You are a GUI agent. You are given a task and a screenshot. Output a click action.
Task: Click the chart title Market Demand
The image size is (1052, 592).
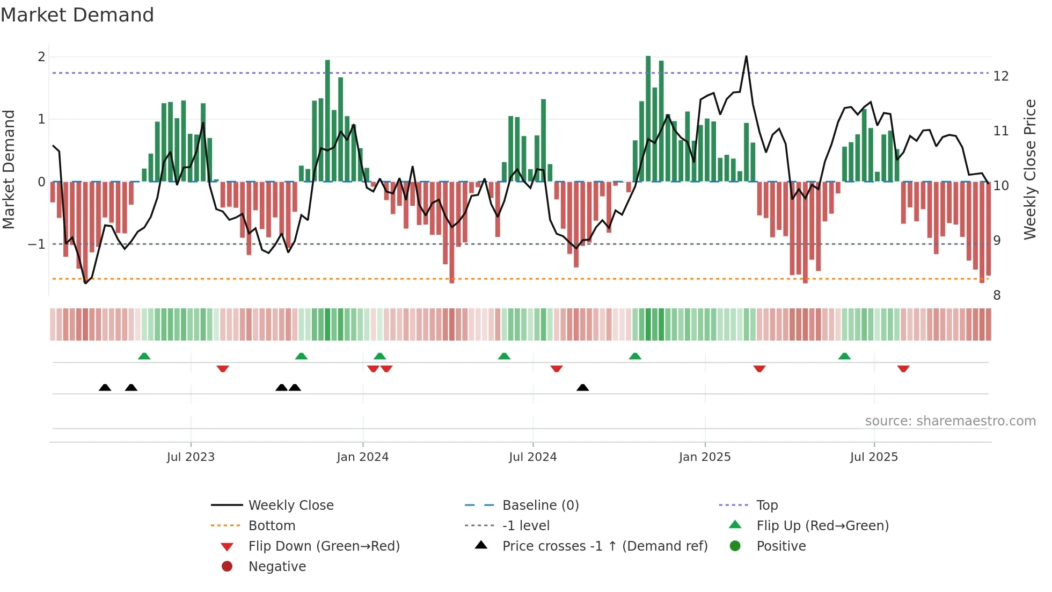pos(77,15)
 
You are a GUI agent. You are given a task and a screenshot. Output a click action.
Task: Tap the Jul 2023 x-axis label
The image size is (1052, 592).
pos(191,457)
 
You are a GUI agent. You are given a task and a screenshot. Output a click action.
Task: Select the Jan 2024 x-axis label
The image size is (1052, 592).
pos(363,457)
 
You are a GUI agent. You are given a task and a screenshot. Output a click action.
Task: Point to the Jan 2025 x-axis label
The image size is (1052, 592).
pos(705,457)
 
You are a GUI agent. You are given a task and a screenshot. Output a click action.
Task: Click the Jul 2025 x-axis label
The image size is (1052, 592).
pos(874,457)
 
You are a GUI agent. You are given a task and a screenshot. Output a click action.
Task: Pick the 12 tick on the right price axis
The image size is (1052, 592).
pos(1001,76)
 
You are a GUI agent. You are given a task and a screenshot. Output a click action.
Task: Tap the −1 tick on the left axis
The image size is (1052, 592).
pos(37,244)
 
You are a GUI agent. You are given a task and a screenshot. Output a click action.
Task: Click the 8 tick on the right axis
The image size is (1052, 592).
pos(997,295)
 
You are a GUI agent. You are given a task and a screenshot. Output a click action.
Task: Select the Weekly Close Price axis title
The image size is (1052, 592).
pos(1029,169)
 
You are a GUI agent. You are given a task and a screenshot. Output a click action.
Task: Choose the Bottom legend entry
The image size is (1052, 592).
pos(272,526)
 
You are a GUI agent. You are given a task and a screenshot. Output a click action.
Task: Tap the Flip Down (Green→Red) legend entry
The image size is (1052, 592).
pos(324,546)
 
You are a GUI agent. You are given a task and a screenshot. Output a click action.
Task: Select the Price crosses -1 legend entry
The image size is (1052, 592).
pos(605,546)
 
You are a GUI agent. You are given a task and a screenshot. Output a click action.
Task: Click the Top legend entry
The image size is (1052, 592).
pos(767,506)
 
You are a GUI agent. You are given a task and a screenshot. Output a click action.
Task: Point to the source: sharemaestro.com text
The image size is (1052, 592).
pos(950,421)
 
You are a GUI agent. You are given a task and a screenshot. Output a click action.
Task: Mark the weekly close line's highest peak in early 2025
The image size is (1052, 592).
pos(746,56)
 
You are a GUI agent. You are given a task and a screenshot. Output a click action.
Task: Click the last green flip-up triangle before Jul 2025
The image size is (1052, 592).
pos(844,356)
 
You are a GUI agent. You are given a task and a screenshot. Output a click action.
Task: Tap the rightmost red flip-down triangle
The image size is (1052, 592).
pos(903,369)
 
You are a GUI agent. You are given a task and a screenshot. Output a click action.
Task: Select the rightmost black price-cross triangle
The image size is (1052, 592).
pos(583,387)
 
